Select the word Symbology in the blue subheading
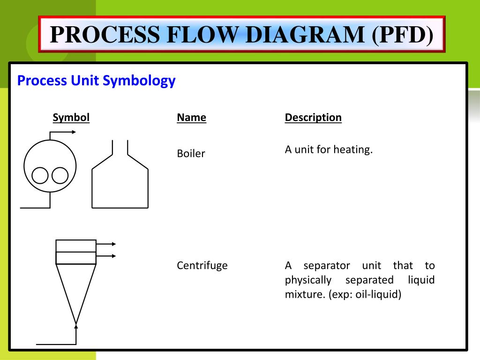(x=140, y=81)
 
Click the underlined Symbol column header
(x=71, y=117)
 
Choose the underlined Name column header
(x=191, y=117)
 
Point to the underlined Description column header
(x=313, y=117)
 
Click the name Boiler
(x=191, y=153)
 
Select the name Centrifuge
(x=202, y=265)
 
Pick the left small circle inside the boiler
(x=40, y=176)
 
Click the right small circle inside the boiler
(x=60, y=176)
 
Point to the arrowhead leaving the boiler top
(x=73, y=132)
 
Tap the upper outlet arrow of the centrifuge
(x=112, y=244)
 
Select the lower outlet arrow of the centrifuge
(x=112, y=256)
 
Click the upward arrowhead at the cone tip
(x=76, y=322)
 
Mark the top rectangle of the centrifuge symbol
(x=76, y=246)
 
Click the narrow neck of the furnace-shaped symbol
(x=120, y=147)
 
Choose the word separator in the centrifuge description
(x=327, y=266)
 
